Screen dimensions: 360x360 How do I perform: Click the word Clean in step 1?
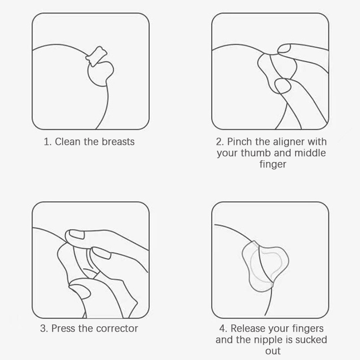coord(68,142)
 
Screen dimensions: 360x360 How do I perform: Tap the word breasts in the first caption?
coord(118,142)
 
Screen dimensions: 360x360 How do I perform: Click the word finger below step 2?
coord(273,165)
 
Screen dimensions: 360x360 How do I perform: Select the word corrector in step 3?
coord(117,328)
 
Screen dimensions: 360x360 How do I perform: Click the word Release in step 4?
coord(248,328)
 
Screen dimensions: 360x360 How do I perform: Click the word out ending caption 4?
coord(273,351)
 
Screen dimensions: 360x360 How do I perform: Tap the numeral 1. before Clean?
coord(48,142)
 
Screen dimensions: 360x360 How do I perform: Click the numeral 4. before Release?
coord(223,328)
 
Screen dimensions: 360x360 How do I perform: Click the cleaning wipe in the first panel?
coord(96,56)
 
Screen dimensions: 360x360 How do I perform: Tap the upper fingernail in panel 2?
coord(284,49)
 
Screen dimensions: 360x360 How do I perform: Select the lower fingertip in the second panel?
coord(283,86)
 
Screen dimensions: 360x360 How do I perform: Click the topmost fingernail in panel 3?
coord(76,234)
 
